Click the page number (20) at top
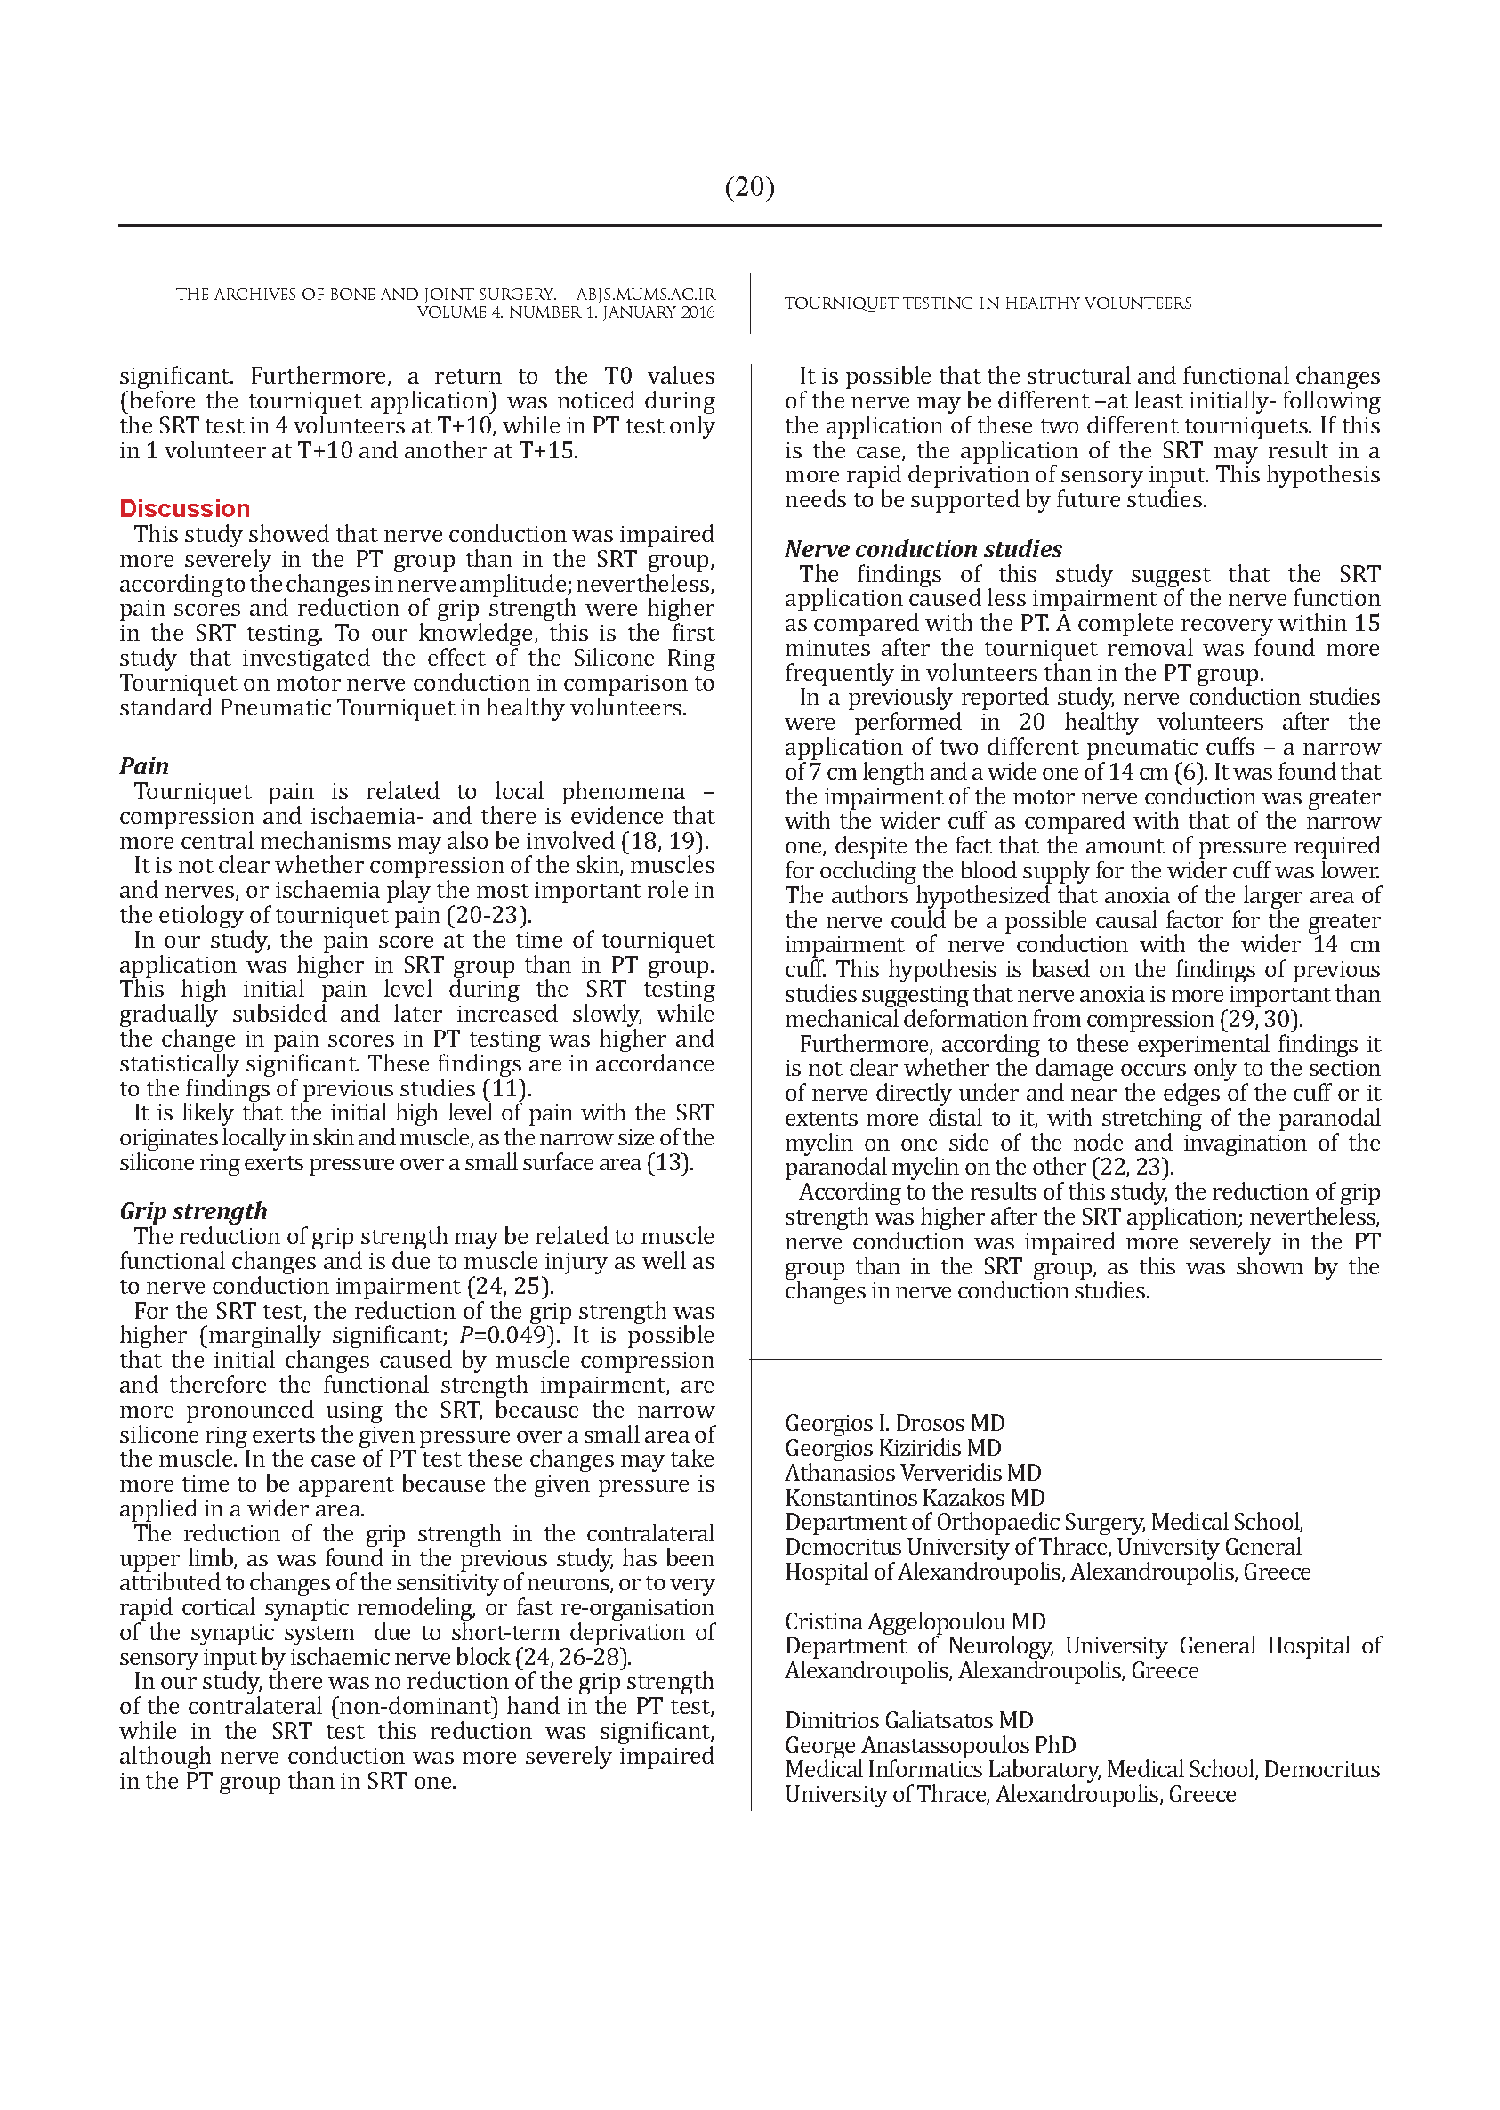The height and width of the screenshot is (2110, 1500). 749,188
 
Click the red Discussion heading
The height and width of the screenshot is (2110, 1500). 185,509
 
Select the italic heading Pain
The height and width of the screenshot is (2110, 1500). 144,766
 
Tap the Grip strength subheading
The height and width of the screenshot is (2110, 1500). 193,1211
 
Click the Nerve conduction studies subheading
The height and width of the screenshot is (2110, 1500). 923,549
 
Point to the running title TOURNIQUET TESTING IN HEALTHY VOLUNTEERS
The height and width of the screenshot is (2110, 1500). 988,303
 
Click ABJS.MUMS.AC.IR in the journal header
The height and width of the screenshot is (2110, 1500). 645,295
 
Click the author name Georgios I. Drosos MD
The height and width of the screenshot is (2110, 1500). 894,1424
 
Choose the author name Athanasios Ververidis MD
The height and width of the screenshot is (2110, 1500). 913,1474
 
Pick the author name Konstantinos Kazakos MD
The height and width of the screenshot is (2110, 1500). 915,1499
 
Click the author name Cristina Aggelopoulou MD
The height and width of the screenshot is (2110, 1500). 915,1621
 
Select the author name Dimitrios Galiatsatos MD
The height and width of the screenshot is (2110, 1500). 909,1720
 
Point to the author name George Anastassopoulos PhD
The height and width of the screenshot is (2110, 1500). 930,1745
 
